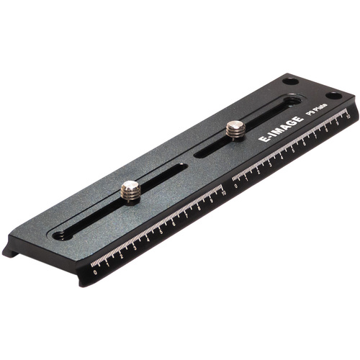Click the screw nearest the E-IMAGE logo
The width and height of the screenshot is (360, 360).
(x=235, y=130)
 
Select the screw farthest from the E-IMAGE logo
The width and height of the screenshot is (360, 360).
(x=130, y=190)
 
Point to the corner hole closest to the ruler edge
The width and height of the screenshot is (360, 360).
(x=333, y=96)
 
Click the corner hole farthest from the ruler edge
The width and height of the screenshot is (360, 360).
(x=290, y=81)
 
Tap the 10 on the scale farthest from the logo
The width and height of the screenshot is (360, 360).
(x=224, y=196)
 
